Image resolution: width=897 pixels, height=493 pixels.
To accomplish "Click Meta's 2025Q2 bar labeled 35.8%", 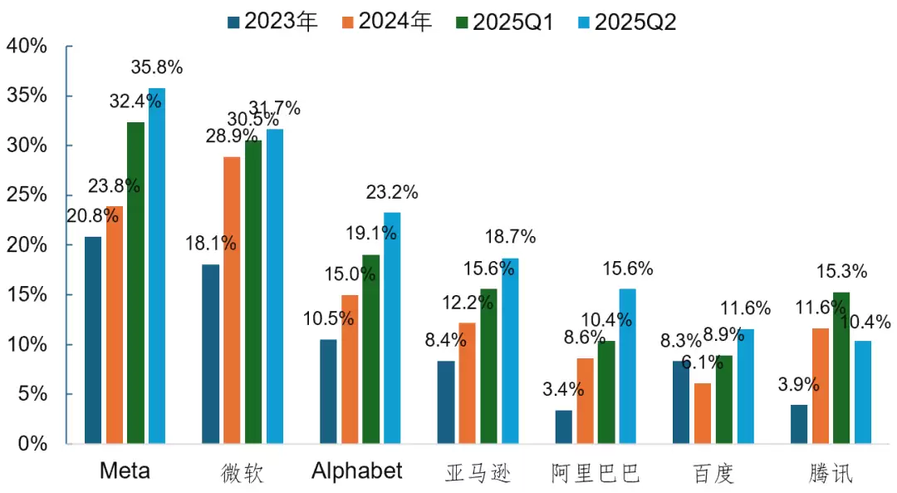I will tap(157, 266).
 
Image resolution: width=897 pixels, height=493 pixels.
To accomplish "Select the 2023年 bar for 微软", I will tap(210, 354).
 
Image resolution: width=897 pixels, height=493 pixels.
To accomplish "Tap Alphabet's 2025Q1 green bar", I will tap(370, 349).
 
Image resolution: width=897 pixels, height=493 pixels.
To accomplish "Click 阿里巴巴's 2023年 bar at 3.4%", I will tap(564, 427).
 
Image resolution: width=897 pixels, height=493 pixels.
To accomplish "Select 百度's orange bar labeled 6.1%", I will tap(703, 414).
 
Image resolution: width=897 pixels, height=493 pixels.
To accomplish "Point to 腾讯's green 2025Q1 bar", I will tap(841, 368).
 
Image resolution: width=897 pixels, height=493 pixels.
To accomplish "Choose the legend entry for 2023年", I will tap(274, 22).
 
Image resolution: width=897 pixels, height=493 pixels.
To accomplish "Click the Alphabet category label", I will tap(357, 471).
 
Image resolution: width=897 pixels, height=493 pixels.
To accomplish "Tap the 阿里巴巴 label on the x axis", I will tap(596, 473).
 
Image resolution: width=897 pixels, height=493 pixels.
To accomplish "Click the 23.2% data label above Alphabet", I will tap(392, 193).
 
